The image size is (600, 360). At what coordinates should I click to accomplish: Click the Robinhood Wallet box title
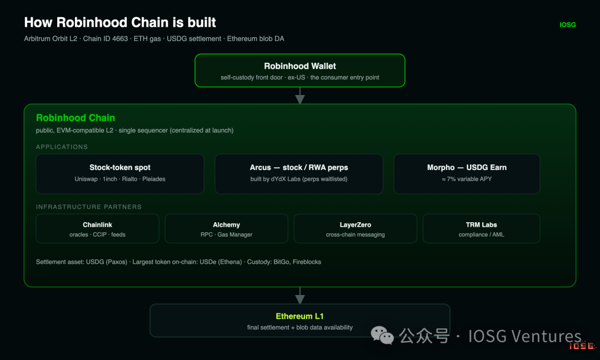[x=300, y=66]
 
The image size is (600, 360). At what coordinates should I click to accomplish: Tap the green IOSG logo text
[x=567, y=25]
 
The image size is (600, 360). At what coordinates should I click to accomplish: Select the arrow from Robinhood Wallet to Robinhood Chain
[x=300, y=96]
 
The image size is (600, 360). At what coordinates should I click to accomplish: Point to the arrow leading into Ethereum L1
[x=300, y=296]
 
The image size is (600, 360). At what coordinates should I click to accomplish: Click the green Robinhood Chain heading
[x=76, y=118]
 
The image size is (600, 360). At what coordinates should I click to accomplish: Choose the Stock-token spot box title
[x=120, y=168]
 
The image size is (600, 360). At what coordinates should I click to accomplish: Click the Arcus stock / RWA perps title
[x=299, y=168]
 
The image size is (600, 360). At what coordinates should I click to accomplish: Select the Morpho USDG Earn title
[x=467, y=168]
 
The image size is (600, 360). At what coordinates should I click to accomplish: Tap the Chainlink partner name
[x=98, y=225]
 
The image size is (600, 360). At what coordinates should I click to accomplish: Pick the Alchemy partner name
[x=227, y=225]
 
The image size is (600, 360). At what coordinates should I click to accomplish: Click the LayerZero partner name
[x=356, y=225]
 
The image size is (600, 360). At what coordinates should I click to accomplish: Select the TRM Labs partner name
[x=481, y=225]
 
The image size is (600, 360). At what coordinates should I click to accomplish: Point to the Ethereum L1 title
[x=299, y=316]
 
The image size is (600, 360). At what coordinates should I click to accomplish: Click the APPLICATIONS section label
[x=62, y=147]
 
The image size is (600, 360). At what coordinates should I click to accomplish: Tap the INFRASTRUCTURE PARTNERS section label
[x=89, y=207]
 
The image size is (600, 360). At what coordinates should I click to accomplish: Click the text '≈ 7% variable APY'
[x=467, y=179]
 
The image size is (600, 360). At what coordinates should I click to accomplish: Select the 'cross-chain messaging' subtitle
[x=356, y=234]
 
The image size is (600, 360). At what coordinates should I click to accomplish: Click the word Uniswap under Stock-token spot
[x=86, y=179]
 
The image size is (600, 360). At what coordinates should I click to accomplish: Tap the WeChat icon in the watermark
[x=382, y=336]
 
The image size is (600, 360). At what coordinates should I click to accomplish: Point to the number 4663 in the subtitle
[x=120, y=39]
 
